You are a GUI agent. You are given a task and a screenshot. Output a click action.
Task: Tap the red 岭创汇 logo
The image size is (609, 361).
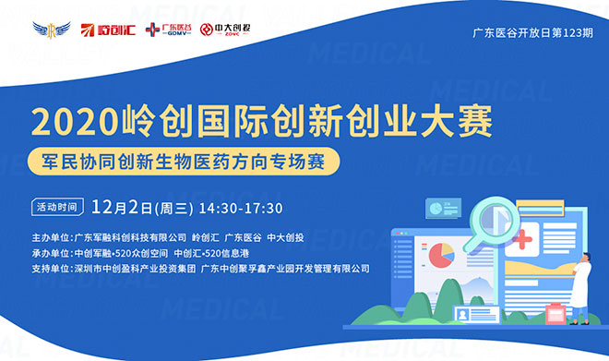[103, 30]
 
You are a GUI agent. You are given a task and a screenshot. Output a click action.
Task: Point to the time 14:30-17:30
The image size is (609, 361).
[240, 207]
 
